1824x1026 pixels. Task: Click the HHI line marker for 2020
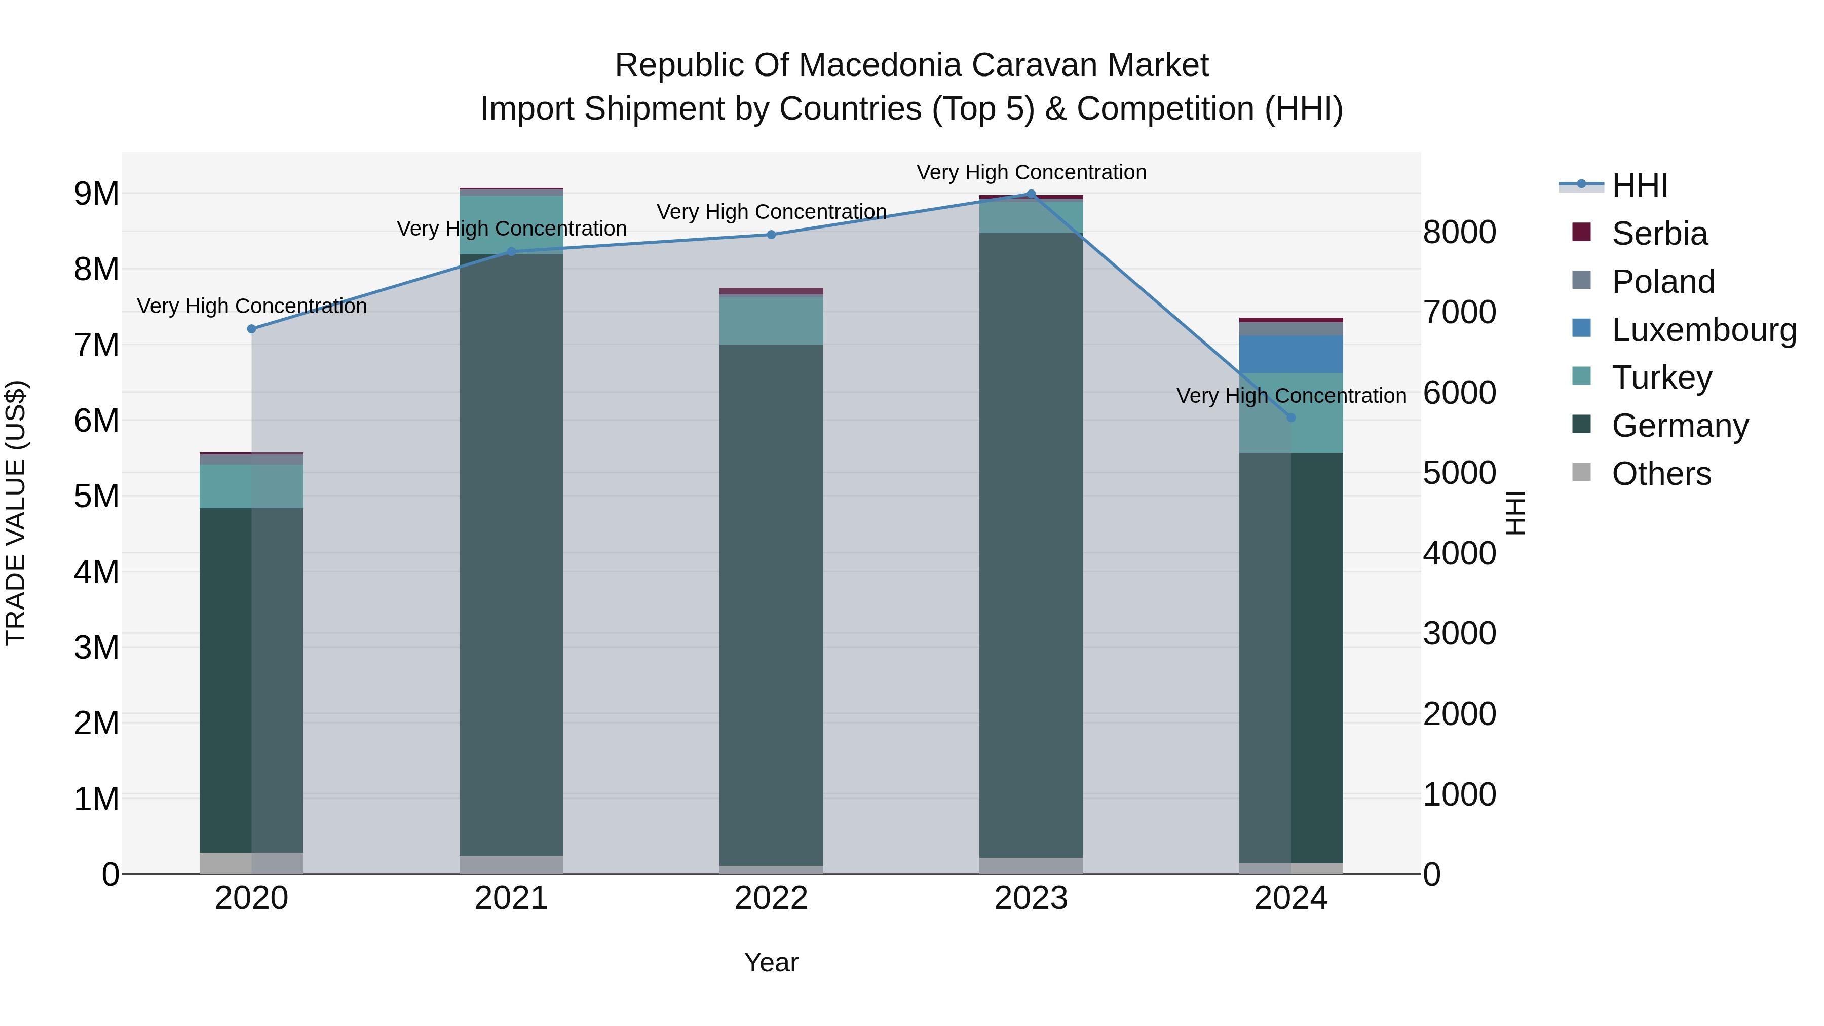click(x=251, y=328)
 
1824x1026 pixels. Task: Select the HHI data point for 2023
click(x=1031, y=194)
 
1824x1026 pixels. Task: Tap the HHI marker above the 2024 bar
click(x=1291, y=418)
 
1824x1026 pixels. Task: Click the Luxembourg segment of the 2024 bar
click(x=1291, y=354)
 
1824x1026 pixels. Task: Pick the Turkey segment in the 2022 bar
click(x=771, y=320)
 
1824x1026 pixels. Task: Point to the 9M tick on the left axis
click(x=96, y=194)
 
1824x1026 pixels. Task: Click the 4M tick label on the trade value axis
click(x=96, y=572)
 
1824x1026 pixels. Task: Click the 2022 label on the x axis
click(x=771, y=898)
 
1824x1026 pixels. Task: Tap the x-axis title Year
click(x=771, y=962)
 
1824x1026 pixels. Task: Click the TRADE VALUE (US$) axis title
click(x=16, y=513)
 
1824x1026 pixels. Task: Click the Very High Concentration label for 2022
click(x=771, y=212)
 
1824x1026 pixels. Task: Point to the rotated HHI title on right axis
click(x=1514, y=513)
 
